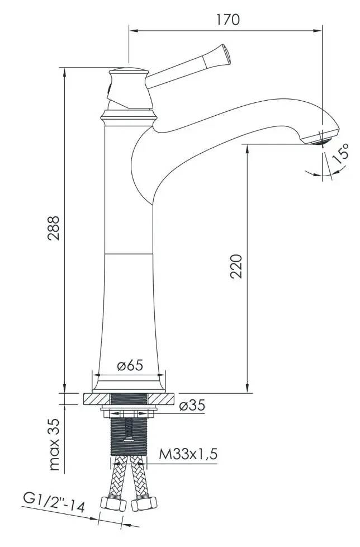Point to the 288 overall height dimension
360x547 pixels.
click(x=53, y=228)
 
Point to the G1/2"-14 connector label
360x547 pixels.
click(x=54, y=503)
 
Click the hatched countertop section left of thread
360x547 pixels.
click(x=97, y=399)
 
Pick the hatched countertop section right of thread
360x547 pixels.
click(x=162, y=399)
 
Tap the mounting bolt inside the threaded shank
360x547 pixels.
click(x=129, y=431)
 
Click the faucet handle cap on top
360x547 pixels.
click(x=129, y=72)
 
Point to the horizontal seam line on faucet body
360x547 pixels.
click(x=129, y=254)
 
